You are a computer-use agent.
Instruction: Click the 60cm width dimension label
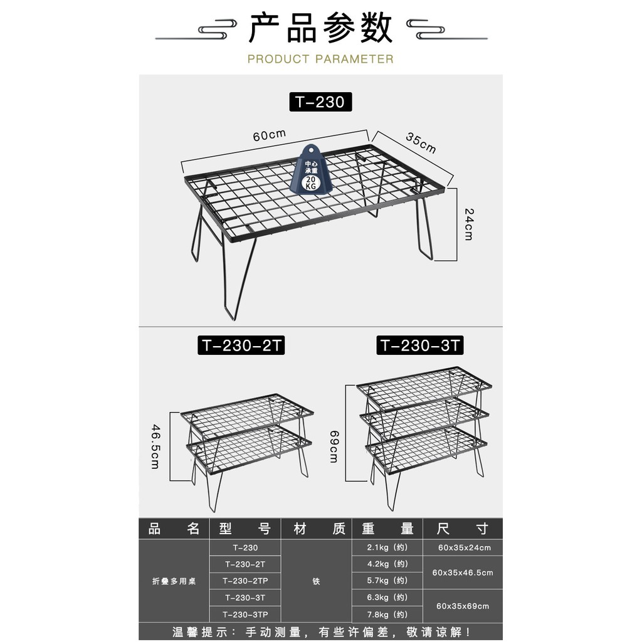[x=269, y=135]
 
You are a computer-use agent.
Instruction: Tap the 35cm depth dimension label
[x=421, y=142]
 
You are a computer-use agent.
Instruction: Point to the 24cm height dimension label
[x=469, y=224]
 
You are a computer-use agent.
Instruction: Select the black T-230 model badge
[x=320, y=102]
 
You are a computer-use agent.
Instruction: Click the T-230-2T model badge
[x=241, y=345]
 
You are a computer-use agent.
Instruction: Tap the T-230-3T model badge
[x=420, y=345]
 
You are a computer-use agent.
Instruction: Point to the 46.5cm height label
[x=155, y=446]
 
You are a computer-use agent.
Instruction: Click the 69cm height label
[x=335, y=446]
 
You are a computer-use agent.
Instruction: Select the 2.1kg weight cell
[x=387, y=547]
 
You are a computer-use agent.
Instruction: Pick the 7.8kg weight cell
[x=387, y=614]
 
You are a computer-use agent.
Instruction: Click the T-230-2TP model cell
[x=245, y=581]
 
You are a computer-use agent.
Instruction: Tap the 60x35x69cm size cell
[x=463, y=606]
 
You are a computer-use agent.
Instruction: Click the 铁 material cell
[x=316, y=581]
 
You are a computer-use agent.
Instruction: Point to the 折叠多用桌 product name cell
[x=174, y=581]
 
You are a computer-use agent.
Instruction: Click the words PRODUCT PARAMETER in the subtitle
[x=320, y=59]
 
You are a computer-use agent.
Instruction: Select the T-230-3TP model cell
[x=245, y=614]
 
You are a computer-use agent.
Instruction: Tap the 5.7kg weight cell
[x=387, y=581]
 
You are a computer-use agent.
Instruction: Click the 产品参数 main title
[x=320, y=28]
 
